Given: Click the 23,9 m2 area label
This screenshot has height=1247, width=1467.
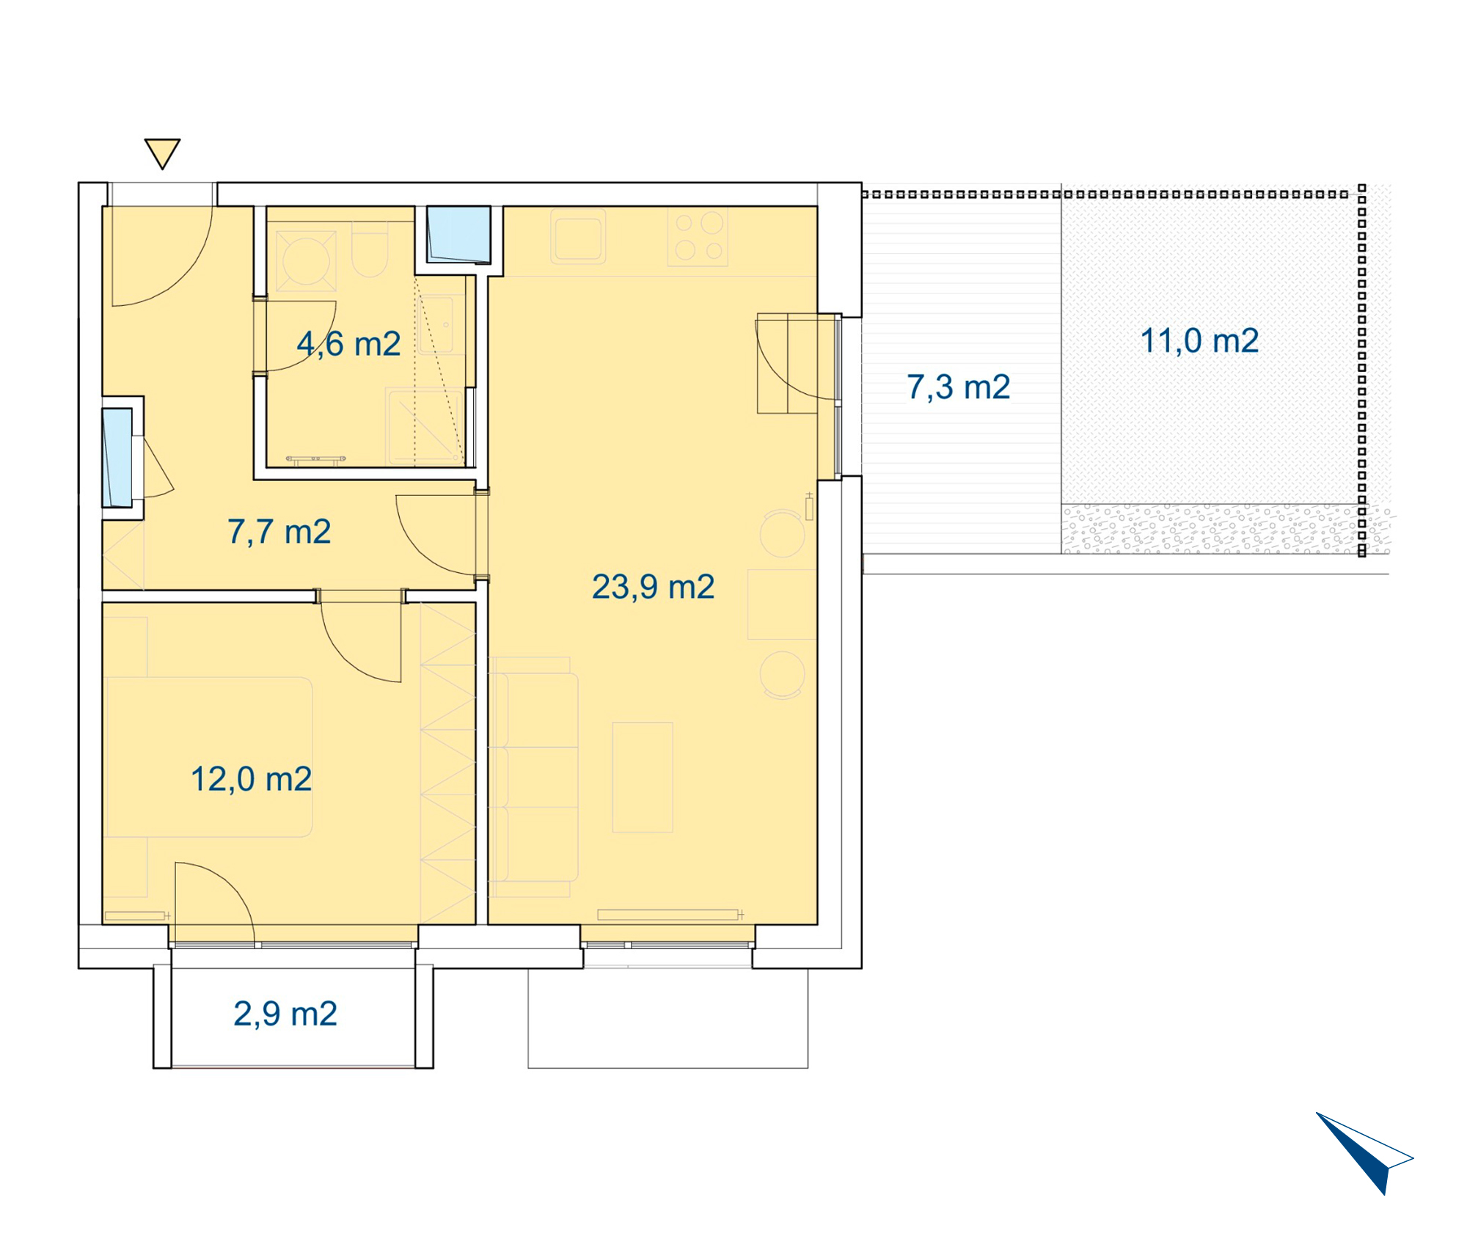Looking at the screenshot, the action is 653,588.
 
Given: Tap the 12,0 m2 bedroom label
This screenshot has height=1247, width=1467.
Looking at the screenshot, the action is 252,780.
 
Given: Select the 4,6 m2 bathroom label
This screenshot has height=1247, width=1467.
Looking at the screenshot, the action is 349,344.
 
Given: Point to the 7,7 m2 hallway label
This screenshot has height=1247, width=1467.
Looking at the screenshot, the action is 279,532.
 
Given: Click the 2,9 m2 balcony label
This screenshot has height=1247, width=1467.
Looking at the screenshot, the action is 285,1014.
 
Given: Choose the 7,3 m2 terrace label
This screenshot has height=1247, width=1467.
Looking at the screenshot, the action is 959,387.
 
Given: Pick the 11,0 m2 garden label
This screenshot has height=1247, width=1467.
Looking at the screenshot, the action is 1199,341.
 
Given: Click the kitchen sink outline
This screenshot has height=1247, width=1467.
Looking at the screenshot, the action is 578,236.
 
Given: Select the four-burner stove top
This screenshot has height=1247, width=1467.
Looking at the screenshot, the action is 698,236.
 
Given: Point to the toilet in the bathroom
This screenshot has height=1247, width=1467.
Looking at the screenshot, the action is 370,249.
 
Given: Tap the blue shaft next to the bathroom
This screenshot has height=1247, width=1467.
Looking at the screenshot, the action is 459,235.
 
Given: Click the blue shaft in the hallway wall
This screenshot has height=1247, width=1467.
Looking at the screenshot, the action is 117,458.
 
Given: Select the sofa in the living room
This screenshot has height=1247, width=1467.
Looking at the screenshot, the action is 534,778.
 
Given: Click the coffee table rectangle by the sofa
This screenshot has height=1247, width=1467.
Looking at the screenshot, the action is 643,778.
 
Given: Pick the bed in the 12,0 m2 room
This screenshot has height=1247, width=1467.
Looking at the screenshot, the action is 209,757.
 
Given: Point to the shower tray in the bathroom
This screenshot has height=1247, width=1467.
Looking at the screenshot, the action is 425,428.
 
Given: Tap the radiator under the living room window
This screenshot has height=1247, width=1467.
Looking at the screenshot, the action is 668,915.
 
